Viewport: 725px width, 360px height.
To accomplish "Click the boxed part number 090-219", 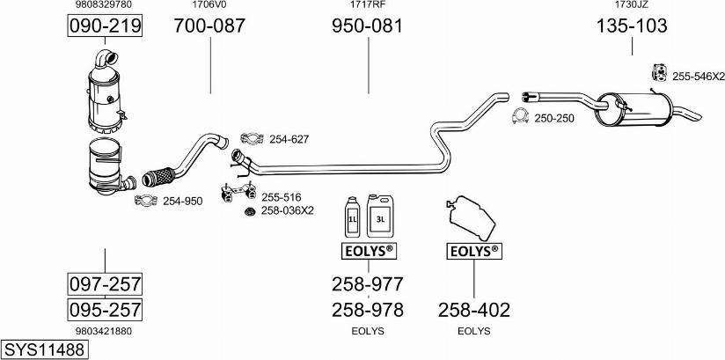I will pyautogui.click(x=105, y=26).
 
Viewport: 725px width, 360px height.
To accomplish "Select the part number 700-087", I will pyautogui.click(x=209, y=26).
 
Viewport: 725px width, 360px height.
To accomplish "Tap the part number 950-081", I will pyautogui.click(x=367, y=26).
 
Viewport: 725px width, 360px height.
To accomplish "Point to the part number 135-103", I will pyautogui.click(x=632, y=26).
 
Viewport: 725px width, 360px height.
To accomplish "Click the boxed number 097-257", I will pyautogui.click(x=105, y=284).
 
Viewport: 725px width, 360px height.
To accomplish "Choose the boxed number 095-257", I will pyautogui.click(x=105, y=310).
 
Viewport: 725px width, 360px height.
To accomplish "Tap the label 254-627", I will pyautogui.click(x=289, y=139).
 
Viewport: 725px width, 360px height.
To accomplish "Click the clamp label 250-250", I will pyautogui.click(x=553, y=118).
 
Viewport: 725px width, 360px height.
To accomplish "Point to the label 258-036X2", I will pyautogui.click(x=287, y=211).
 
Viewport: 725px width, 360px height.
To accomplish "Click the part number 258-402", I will pyautogui.click(x=473, y=310).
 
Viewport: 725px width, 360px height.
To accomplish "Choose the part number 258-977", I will pyautogui.click(x=367, y=284).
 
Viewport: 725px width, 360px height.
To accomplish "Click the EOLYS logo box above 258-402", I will pyautogui.click(x=473, y=253).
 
